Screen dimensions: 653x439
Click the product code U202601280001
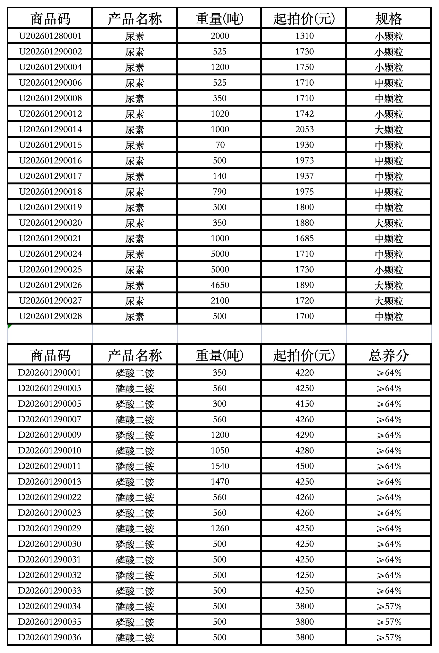point(50,36)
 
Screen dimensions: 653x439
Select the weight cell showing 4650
point(220,285)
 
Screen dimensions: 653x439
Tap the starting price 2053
point(305,129)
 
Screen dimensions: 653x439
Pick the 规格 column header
point(389,18)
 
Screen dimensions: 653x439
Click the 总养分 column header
point(389,355)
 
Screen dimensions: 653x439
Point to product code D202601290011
point(50,466)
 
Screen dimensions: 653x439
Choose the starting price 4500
point(305,466)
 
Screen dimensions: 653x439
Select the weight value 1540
point(220,466)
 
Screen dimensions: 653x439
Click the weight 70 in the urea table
point(220,145)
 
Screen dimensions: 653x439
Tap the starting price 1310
point(305,36)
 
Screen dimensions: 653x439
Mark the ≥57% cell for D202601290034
point(389,606)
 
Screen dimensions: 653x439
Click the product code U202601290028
point(50,316)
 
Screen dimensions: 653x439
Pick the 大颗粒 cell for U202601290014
point(389,130)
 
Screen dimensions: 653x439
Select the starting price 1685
point(305,238)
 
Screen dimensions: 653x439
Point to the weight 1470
point(220,481)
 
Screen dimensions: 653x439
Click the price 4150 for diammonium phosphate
point(305,404)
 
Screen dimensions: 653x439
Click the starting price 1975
point(305,191)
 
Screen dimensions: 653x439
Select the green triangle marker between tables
point(9,326)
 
